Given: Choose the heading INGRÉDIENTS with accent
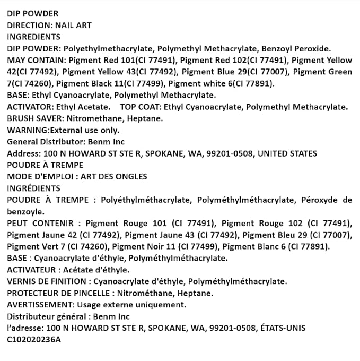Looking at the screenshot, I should (33, 188).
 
